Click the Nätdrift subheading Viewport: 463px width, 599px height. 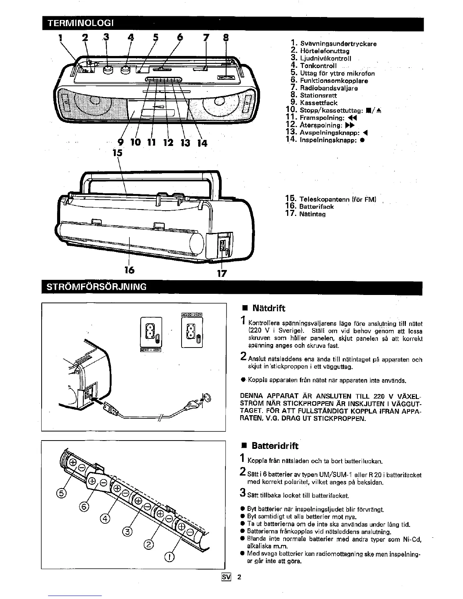tap(269, 308)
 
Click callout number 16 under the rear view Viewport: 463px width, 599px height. tap(130, 270)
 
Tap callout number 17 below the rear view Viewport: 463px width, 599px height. tap(222, 273)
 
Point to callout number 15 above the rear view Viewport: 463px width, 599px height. tap(118, 153)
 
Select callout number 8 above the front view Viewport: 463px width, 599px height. tap(225, 37)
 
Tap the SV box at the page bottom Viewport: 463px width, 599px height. tap(226, 577)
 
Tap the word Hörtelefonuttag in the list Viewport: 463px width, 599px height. tap(325, 51)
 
